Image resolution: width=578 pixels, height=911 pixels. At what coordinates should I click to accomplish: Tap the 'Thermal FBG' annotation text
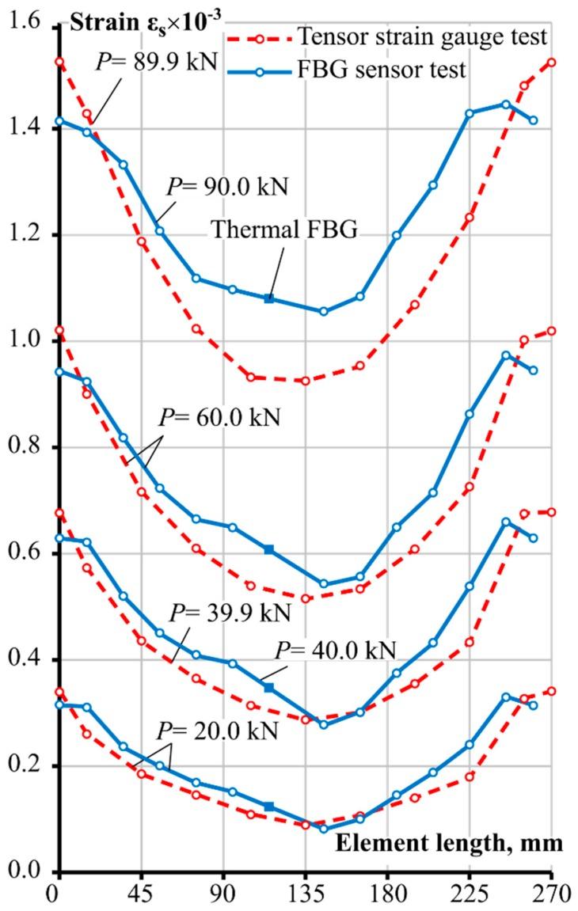click(284, 230)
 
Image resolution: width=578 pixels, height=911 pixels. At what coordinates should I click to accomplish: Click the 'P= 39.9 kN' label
click(230, 613)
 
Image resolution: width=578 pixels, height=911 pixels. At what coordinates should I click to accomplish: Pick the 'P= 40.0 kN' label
click(334, 651)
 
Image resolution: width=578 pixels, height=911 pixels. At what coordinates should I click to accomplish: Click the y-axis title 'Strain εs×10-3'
click(141, 21)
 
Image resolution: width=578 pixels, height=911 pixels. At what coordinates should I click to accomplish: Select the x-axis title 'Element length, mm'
click(449, 844)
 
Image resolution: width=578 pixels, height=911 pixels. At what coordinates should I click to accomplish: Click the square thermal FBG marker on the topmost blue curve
click(269, 298)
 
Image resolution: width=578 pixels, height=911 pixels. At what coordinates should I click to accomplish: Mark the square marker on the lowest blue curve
click(269, 807)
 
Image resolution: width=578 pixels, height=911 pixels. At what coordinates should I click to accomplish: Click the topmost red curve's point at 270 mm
click(552, 62)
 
